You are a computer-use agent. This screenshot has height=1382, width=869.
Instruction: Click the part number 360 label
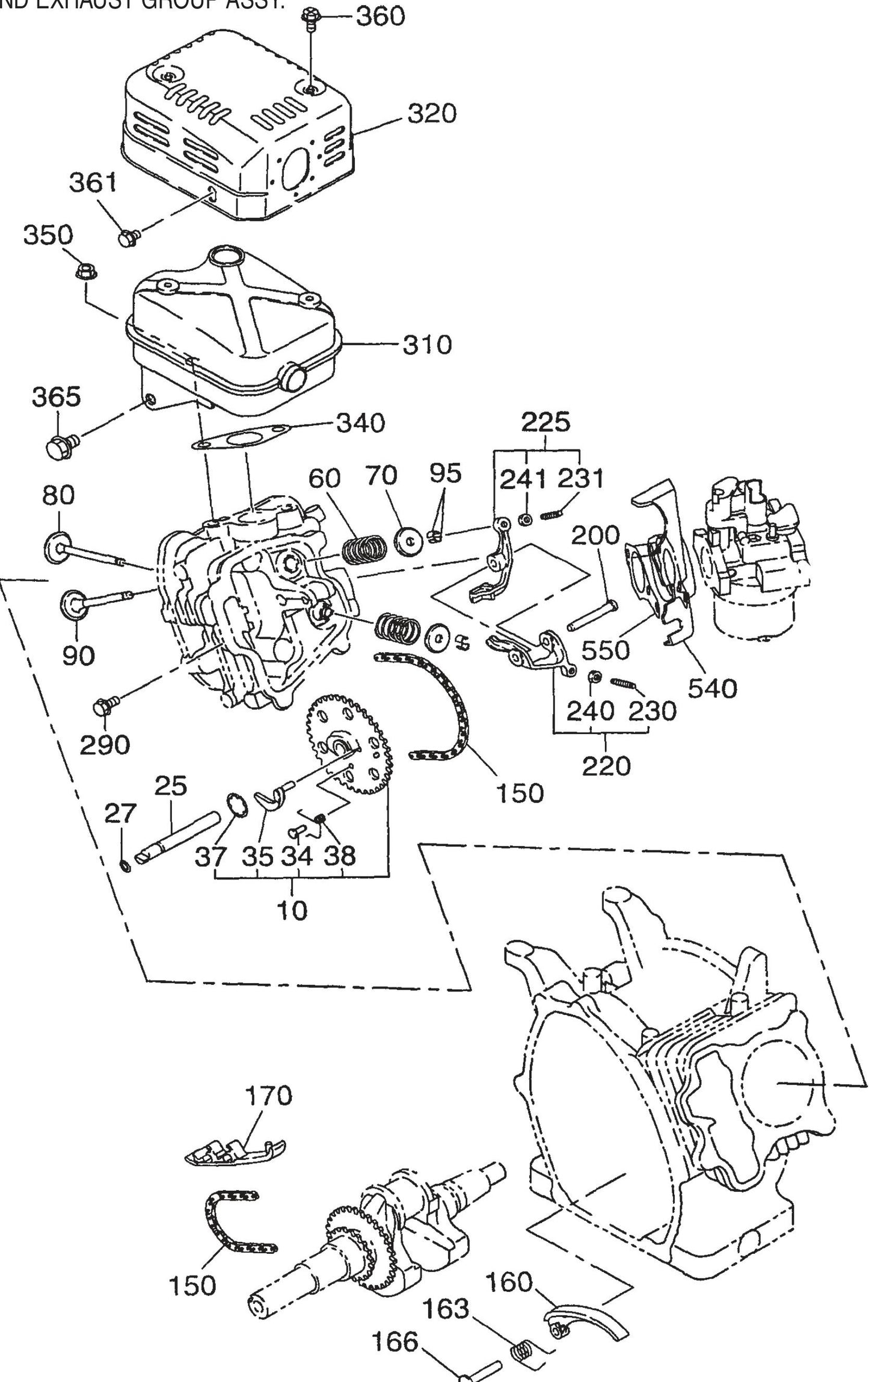[380, 16]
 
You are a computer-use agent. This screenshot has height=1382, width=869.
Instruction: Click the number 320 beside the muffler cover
[432, 113]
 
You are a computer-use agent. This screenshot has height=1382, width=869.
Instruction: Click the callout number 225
[545, 423]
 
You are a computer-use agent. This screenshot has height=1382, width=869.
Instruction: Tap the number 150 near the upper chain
[520, 794]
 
